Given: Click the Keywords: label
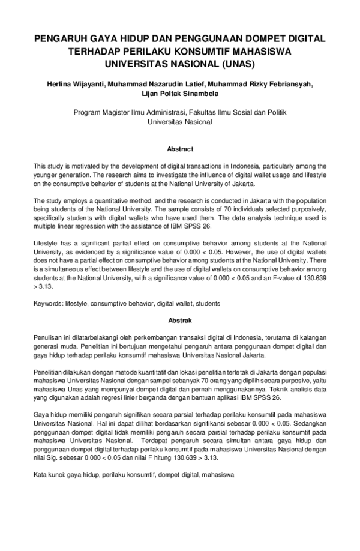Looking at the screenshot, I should (50, 304).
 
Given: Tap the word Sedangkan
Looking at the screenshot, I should (306, 423).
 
